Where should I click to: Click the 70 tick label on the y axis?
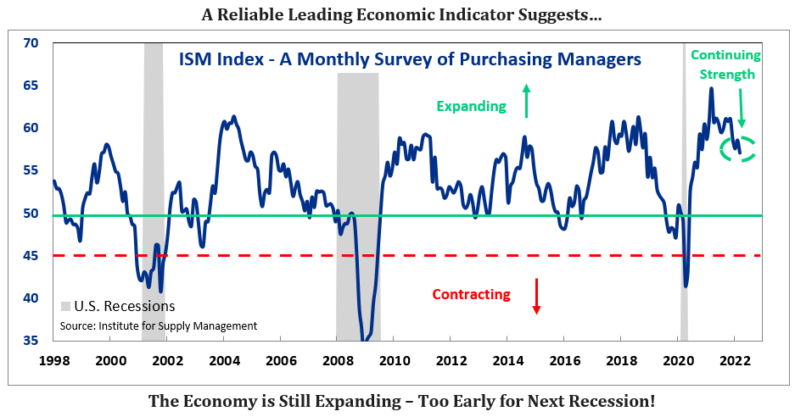[x=31, y=42]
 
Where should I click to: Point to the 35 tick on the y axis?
[x=31, y=341]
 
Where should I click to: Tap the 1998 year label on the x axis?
[x=53, y=359]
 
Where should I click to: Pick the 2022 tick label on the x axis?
[x=733, y=359]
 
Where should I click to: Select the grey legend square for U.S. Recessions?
[x=66, y=306]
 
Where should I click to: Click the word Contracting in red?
[x=471, y=295]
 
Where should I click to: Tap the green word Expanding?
[x=471, y=106]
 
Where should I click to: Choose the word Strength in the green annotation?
[x=726, y=75]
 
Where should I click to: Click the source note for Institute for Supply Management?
[x=158, y=325]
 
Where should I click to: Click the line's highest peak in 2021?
[x=711, y=88]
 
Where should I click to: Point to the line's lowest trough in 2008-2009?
[x=365, y=340]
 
